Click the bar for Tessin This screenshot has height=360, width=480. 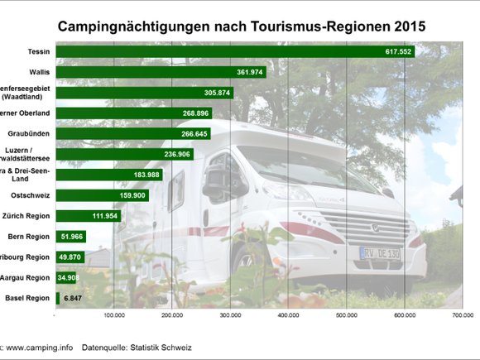coord(232,51)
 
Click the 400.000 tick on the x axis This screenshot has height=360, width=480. coord(288,315)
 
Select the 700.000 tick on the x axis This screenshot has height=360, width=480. coord(462,315)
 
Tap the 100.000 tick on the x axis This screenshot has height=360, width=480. coord(113,315)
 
